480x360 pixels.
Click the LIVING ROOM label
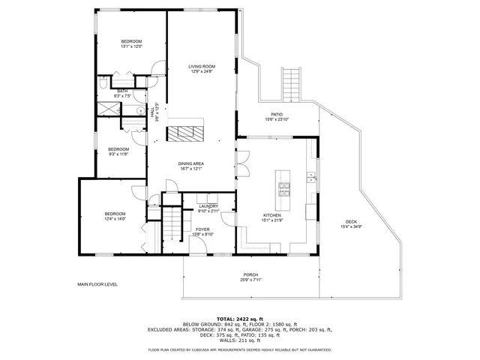coord(201,67)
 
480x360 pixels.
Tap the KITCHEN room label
coord(271,215)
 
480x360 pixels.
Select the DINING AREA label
coord(191,163)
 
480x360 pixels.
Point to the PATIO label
coord(277,114)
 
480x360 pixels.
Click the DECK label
coord(351,221)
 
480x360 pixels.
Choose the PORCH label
coord(250,275)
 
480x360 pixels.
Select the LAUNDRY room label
coord(208,206)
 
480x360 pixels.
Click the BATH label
coord(121,91)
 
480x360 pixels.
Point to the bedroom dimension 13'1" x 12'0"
coord(131,46)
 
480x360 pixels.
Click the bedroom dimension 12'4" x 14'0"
coord(115,218)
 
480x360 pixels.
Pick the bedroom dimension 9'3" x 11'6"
coord(118,154)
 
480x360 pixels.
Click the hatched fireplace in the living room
coord(184,133)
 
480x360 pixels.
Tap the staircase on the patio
coord(291,83)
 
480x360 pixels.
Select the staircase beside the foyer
coord(173,225)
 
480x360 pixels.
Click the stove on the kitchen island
coord(284,188)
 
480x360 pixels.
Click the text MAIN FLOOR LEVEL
coord(97,284)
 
